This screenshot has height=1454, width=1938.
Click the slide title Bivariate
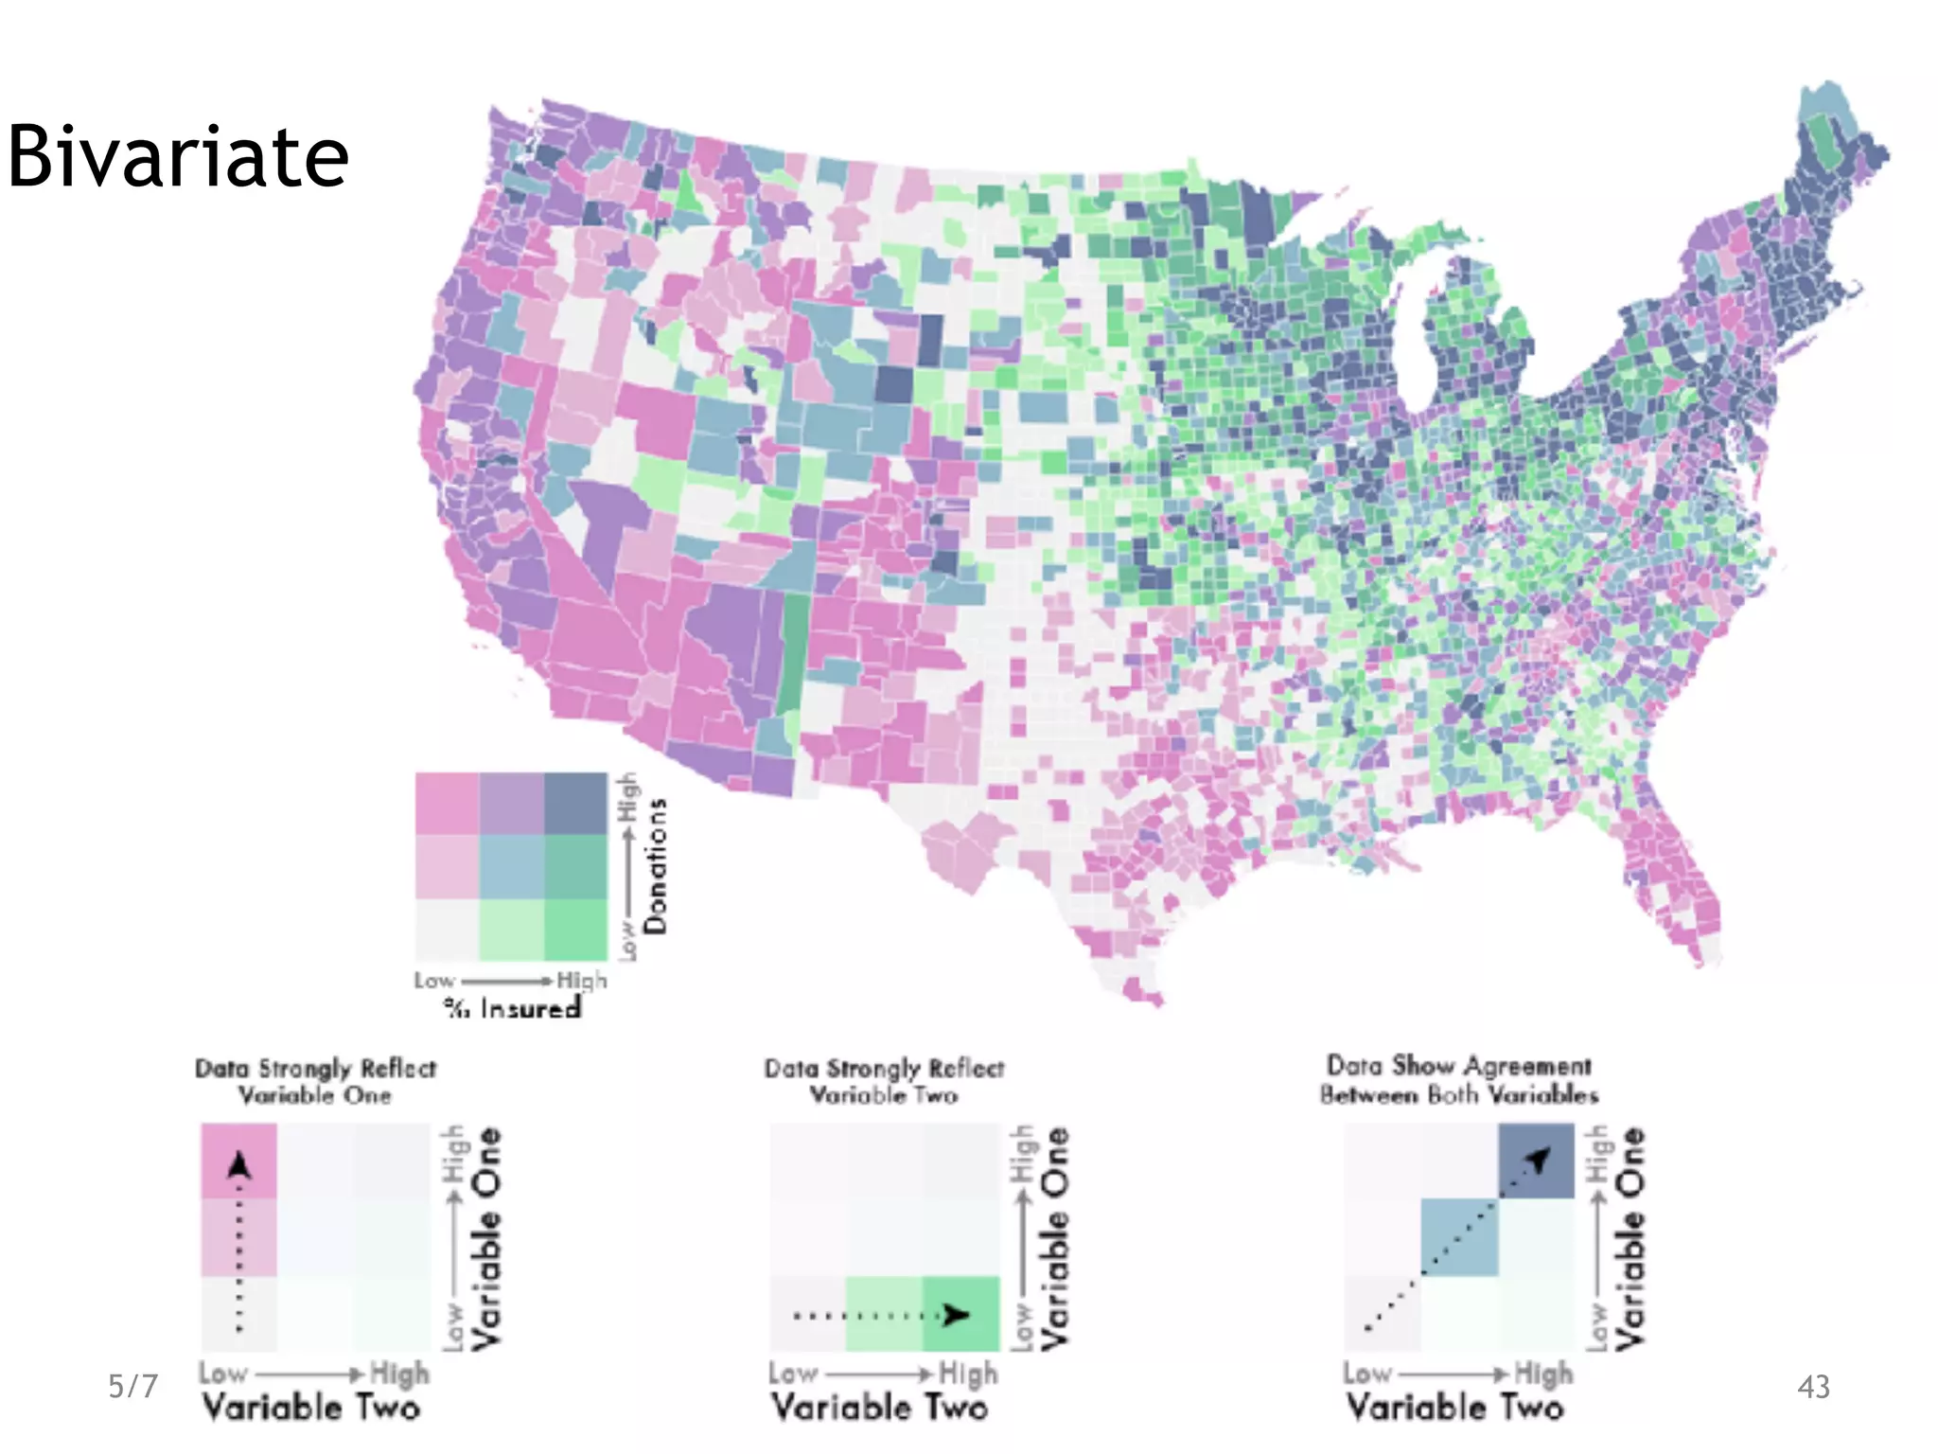coord(178,156)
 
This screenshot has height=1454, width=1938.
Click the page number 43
coord(1813,1387)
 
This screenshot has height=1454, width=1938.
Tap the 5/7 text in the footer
coord(132,1386)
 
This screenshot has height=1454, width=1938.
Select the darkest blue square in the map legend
coord(575,804)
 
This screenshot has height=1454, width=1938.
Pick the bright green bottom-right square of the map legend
coord(575,930)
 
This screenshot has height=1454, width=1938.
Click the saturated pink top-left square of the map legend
coord(448,804)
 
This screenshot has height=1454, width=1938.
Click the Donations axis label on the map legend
coord(655,865)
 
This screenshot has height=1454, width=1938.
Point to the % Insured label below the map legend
coord(513,1008)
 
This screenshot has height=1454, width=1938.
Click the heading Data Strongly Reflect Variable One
coord(315,1081)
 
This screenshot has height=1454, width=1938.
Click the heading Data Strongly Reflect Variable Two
coord(884,1081)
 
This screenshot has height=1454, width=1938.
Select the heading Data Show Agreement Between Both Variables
coord(1458,1080)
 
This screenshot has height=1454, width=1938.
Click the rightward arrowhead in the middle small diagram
coord(957,1314)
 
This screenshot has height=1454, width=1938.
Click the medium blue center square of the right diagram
coord(1459,1236)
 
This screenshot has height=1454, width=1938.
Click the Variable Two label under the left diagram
coord(311,1407)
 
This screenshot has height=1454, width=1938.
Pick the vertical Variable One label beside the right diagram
coord(1630,1236)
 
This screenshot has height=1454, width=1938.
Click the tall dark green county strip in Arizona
coord(795,653)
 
